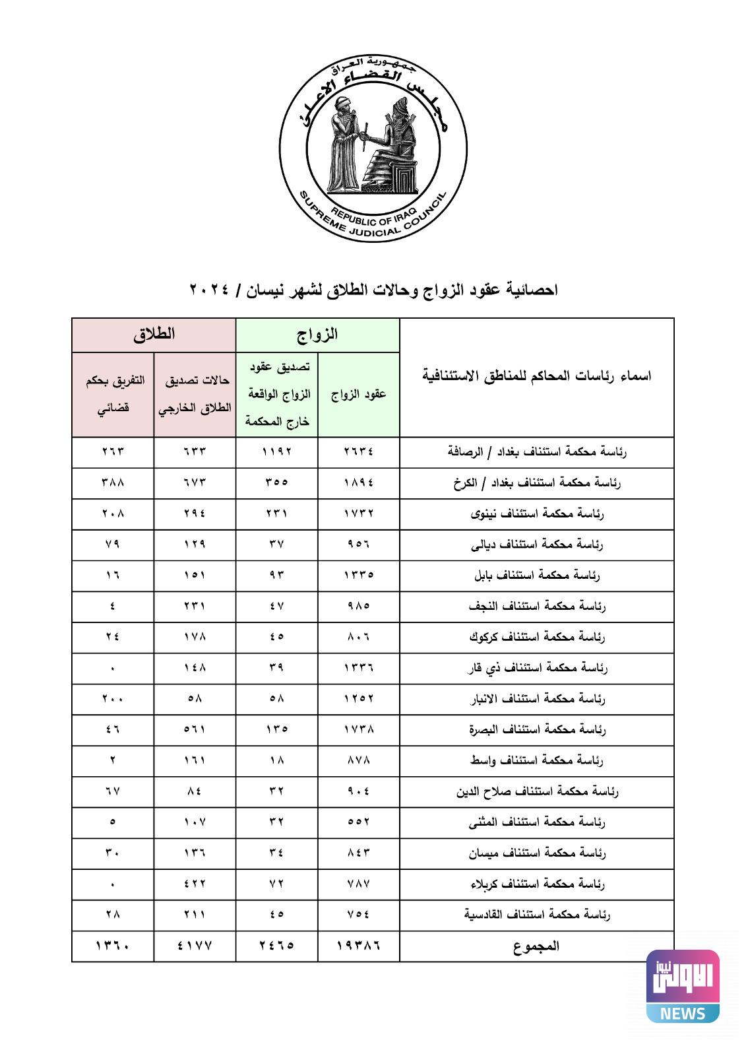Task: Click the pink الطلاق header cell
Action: (154, 335)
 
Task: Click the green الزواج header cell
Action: (317, 335)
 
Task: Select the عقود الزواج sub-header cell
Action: (358, 395)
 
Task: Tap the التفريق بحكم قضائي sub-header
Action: (113, 395)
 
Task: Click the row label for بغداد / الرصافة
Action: (537, 452)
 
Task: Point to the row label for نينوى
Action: (537, 513)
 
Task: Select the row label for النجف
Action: (537, 606)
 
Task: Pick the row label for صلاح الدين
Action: (537, 791)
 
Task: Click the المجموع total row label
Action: (537, 946)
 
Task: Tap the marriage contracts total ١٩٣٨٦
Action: (358, 946)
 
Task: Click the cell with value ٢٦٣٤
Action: (358, 452)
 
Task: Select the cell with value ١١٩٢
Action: (276, 452)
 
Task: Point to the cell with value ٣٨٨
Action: (113, 482)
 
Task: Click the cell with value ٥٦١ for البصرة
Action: (195, 729)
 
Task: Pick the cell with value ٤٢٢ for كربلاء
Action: (195, 884)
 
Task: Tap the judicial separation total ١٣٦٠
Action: (113, 946)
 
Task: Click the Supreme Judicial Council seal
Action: (373, 148)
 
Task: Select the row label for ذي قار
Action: (537, 668)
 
